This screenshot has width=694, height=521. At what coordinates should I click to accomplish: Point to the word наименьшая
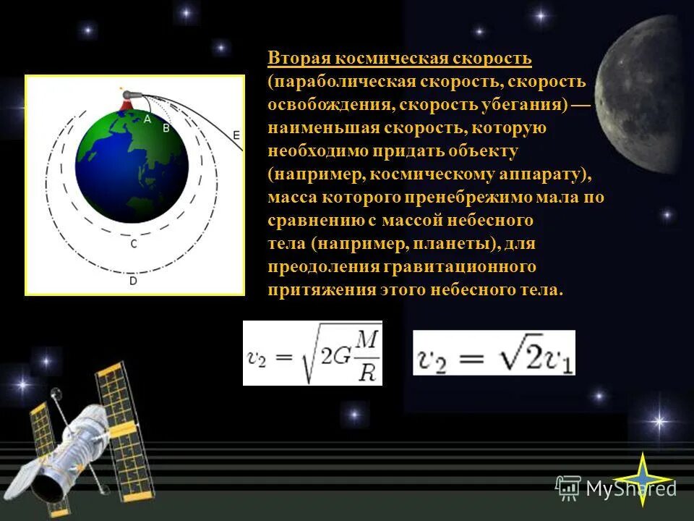tap(317, 127)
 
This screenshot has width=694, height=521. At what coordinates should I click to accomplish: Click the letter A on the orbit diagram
tap(147, 119)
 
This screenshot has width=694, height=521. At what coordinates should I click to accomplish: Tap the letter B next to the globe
tap(166, 127)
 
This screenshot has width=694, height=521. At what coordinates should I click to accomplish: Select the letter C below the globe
tap(133, 245)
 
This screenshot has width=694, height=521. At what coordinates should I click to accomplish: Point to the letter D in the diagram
tap(133, 281)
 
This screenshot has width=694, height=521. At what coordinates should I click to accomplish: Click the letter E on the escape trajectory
tap(236, 134)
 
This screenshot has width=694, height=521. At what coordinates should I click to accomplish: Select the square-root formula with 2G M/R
tap(312, 353)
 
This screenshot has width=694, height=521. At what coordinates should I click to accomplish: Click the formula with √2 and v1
tap(494, 353)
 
